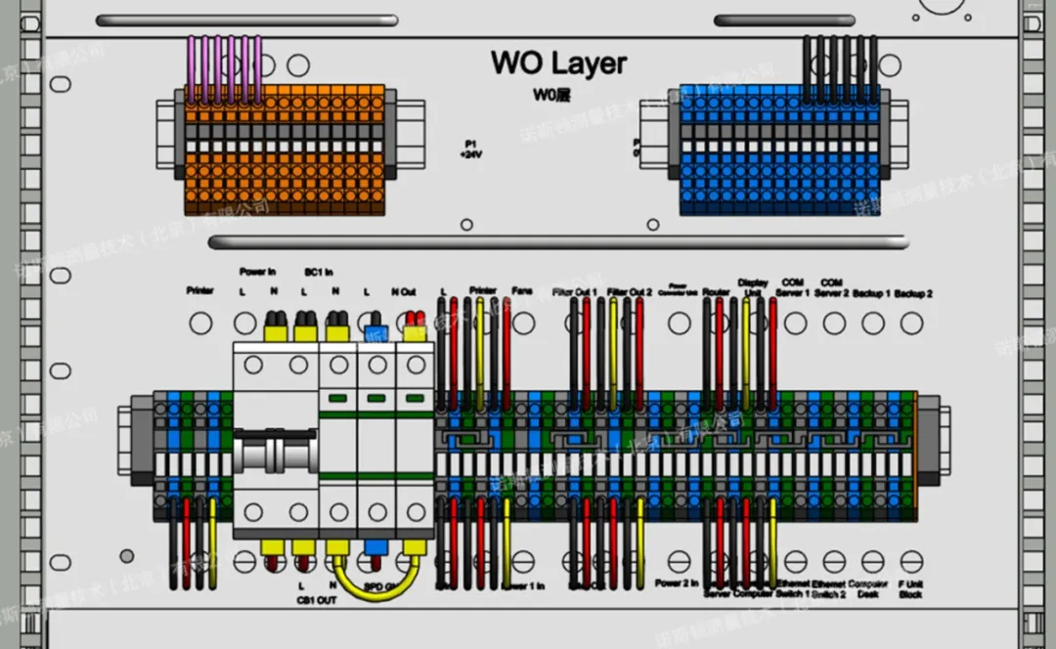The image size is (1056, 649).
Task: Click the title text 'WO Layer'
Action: [558, 64]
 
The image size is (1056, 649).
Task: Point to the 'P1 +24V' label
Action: [471, 149]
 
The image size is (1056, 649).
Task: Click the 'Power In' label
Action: [257, 272]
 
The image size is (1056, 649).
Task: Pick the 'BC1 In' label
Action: [319, 272]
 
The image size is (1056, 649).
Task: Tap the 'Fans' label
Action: [522, 291]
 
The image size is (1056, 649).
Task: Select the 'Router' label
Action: [716, 291]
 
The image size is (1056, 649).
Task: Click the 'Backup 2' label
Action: [912, 292]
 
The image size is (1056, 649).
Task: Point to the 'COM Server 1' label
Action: [793, 287]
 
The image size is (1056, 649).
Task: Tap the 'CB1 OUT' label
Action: [316, 599]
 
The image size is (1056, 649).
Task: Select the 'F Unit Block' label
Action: [910, 588]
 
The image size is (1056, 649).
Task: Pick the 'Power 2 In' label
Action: [677, 584]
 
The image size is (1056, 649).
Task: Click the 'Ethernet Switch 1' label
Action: [792, 588]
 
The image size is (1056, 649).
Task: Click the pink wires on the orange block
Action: [225, 68]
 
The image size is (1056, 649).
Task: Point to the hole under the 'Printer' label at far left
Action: [199, 323]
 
